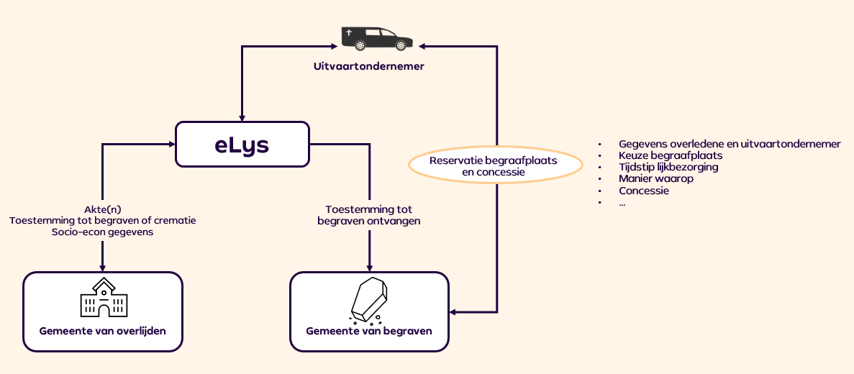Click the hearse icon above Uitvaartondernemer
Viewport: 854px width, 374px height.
[x=376, y=38]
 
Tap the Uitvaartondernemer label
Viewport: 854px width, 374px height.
[x=368, y=67]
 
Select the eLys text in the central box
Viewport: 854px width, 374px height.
[x=242, y=145]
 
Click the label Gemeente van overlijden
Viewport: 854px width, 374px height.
[x=102, y=332]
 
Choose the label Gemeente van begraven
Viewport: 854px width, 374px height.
[x=369, y=332]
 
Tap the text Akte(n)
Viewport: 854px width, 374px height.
[x=102, y=209]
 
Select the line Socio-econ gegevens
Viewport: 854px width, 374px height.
[x=102, y=232]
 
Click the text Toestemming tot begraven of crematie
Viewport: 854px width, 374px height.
[x=102, y=220]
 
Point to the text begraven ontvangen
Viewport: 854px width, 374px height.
[x=369, y=221]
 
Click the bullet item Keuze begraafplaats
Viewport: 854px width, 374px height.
[x=670, y=155]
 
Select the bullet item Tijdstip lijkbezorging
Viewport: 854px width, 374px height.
[x=668, y=167]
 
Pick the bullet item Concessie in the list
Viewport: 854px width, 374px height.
[x=644, y=191]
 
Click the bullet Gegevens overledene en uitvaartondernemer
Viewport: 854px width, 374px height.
[x=729, y=144]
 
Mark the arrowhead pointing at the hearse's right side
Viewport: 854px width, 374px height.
[x=422, y=47]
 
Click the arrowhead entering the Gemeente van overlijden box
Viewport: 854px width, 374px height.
[x=102, y=267]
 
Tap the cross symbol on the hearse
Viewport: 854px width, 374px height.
[x=350, y=33]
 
